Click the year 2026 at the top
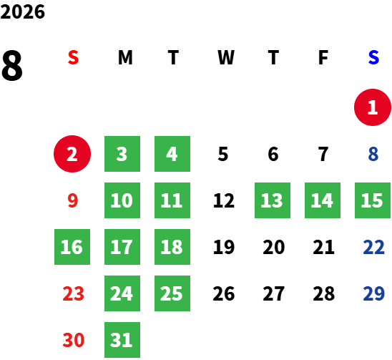[22, 12]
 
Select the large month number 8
[12, 65]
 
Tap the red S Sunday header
[73, 57]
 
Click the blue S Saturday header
[373, 57]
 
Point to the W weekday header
[226, 57]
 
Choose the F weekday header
[323, 57]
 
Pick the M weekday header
[125, 57]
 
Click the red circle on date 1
[373, 107]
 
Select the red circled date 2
[72, 154]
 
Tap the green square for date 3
[122, 154]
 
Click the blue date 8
[373, 154]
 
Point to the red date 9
[73, 200]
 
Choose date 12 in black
[224, 200]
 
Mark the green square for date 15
[373, 200]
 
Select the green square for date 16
[72, 247]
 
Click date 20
[274, 247]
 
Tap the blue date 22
[373, 247]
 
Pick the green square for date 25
[172, 293]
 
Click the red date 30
[74, 340]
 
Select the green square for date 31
[122, 340]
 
